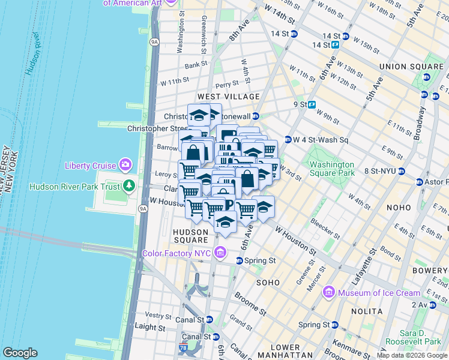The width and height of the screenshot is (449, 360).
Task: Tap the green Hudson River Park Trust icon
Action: point(128,186)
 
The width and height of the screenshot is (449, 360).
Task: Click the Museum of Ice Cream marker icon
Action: point(328,293)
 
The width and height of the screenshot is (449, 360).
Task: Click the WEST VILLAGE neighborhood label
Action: point(229,97)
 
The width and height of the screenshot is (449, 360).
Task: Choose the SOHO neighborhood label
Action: point(268,282)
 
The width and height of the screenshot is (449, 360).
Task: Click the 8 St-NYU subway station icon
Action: point(402,172)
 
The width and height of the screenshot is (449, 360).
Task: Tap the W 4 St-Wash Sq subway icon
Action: point(288,140)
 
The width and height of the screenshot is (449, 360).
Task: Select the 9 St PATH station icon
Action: point(312,104)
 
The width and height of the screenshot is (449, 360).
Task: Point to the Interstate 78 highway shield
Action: point(182,349)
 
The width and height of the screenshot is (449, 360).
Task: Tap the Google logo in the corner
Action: point(20,353)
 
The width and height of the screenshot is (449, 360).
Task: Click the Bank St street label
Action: point(196,64)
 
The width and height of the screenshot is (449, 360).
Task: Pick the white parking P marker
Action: point(228,205)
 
